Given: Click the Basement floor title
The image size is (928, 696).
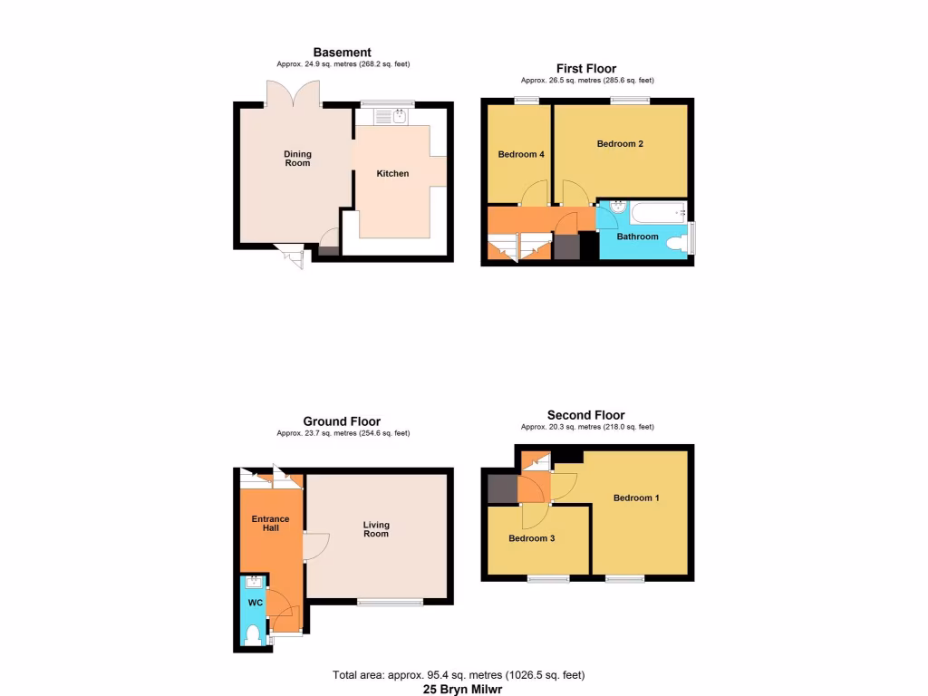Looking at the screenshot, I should [x=342, y=53].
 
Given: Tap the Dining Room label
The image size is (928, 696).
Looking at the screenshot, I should [x=297, y=159].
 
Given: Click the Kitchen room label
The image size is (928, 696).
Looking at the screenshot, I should [x=392, y=173].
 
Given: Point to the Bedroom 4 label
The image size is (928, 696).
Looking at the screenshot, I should [x=521, y=154].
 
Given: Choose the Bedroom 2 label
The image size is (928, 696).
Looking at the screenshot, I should [x=620, y=144].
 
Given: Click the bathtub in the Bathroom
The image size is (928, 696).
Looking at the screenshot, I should [x=657, y=215].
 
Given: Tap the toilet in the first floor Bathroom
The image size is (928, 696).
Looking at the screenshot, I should [x=675, y=244].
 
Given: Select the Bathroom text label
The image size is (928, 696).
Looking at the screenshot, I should [x=637, y=237].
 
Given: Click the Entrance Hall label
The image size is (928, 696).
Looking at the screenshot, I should [x=270, y=523].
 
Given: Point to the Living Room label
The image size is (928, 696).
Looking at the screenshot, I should [x=376, y=528].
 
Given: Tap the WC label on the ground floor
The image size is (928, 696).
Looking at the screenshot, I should [x=256, y=603].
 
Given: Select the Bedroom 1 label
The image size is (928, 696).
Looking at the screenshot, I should [x=636, y=498].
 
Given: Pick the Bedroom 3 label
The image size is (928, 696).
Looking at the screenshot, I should [x=531, y=538].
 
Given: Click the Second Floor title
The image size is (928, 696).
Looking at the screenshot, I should [x=585, y=416].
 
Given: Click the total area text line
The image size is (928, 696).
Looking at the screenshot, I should [x=459, y=675].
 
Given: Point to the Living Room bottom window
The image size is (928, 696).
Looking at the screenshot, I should [x=390, y=602].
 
